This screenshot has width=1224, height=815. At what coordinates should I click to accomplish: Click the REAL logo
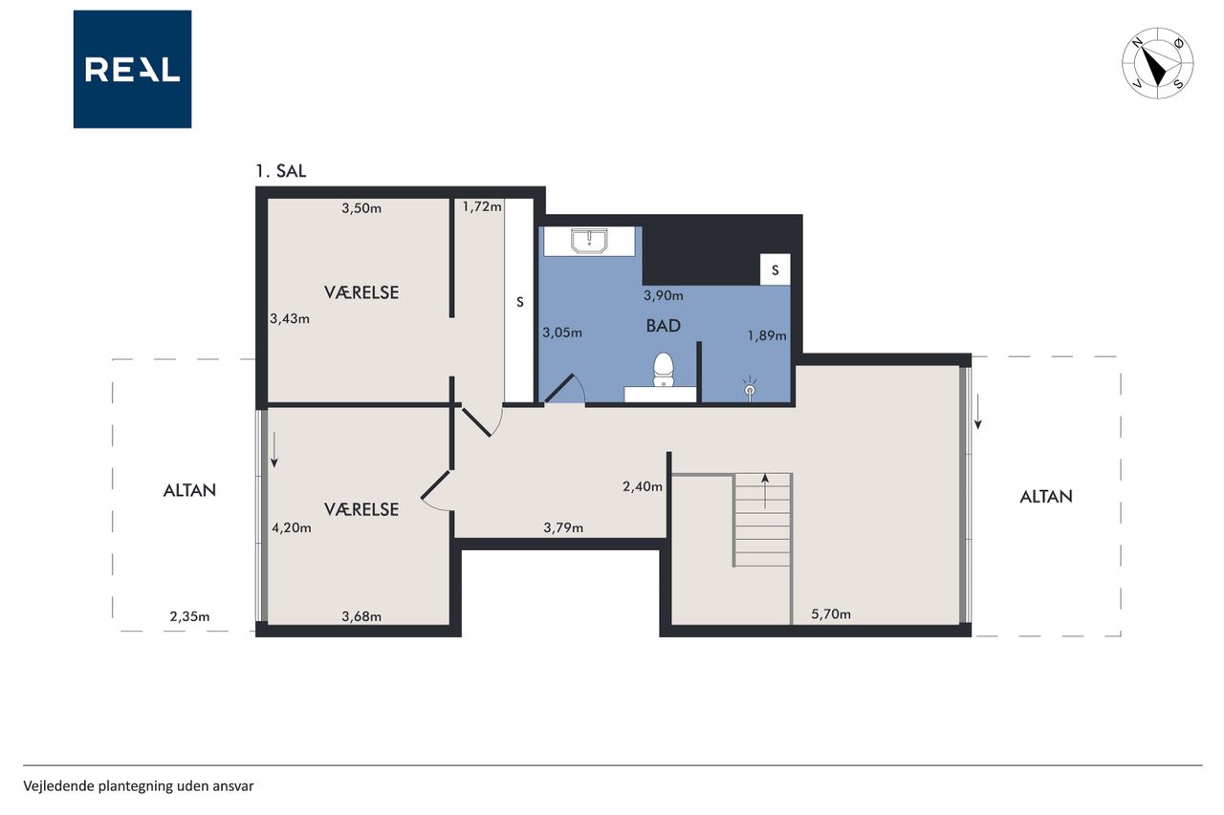click(132, 70)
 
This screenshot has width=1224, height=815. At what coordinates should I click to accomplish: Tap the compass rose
click(1157, 63)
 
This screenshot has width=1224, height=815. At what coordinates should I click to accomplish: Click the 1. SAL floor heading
click(281, 171)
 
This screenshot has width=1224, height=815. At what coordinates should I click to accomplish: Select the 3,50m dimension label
click(361, 208)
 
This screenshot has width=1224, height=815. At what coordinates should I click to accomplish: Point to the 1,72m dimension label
click(481, 206)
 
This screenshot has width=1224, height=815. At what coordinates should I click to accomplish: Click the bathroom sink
click(589, 242)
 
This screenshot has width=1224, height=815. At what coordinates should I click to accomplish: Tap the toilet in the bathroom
click(663, 369)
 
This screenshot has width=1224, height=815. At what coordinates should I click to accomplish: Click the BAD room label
click(663, 326)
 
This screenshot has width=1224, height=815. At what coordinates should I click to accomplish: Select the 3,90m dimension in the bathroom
click(663, 295)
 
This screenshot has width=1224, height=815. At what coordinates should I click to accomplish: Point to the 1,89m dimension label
click(767, 335)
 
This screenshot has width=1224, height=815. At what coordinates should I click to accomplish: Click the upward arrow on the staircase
click(765, 491)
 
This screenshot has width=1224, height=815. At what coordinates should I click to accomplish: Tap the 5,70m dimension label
click(831, 614)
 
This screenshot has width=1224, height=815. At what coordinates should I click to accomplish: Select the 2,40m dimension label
click(642, 485)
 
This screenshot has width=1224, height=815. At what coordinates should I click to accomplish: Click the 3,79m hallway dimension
click(563, 527)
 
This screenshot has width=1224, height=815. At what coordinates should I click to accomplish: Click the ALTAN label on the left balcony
click(189, 490)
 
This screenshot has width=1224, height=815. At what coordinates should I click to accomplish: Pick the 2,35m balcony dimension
click(189, 616)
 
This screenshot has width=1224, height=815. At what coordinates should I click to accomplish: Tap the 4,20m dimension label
click(292, 527)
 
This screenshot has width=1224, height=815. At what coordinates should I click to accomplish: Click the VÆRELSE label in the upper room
click(361, 292)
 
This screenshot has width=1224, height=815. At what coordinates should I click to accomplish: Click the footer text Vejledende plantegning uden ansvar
click(139, 786)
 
